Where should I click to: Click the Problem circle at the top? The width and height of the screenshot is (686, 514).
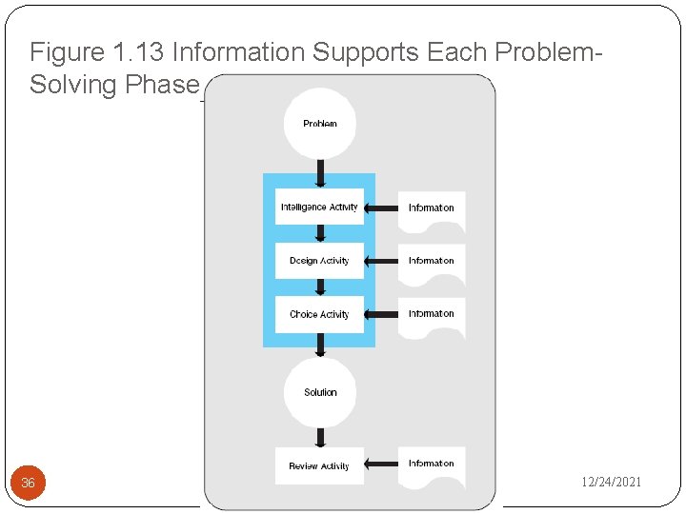pyautogui.click(x=320, y=124)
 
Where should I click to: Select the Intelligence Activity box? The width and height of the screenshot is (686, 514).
pyautogui.click(x=319, y=208)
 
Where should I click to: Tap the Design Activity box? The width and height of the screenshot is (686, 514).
pyautogui.click(x=319, y=261)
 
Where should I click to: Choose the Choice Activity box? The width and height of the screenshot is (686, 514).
pyautogui.click(x=319, y=314)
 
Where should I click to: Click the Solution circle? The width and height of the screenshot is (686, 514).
pyautogui.click(x=320, y=391)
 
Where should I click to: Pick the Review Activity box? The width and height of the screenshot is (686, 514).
pyautogui.click(x=319, y=466)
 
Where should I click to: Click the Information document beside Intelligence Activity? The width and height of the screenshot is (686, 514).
pyautogui.click(x=432, y=209)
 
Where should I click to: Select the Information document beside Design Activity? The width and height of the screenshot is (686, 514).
pyautogui.click(x=432, y=263)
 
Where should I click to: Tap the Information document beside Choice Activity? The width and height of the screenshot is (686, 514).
pyautogui.click(x=432, y=316)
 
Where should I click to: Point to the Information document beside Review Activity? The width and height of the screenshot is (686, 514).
pyautogui.click(x=432, y=465)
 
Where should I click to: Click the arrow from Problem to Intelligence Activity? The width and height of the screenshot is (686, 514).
pyautogui.click(x=320, y=172)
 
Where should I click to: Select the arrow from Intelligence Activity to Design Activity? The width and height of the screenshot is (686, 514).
pyautogui.click(x=320, y=234)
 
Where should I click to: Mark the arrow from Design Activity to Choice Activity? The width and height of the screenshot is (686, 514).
pyautogui.click(x=320, y=287)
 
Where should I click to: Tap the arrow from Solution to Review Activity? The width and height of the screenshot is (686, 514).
pyautogui.click(x=320, y=436)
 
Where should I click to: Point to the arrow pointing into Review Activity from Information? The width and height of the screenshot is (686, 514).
pyautogui.click(x=381, y=465)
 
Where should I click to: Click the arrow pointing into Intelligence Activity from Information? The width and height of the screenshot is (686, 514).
pyautogui.click(x=381, y=208)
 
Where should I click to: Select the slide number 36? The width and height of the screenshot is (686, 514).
pyautogui.click(x=28, y=484)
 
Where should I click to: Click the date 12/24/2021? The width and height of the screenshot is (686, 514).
pyautogui.click(x=612, y=483)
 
